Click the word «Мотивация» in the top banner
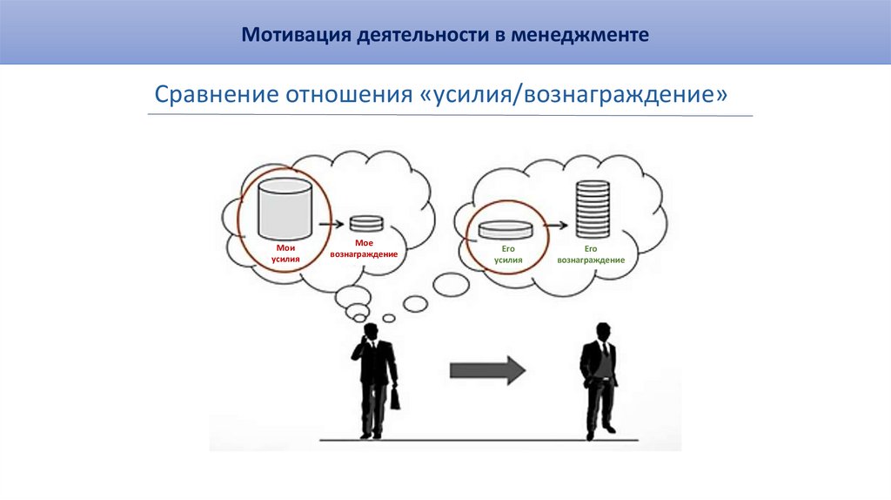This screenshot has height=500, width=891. coord(292,36)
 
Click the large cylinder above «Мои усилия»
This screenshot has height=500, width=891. coord(285,208)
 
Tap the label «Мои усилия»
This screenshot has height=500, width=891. coord(285,253)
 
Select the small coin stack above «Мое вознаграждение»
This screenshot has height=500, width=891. coord(365,223)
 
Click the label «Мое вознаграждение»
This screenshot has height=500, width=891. coord(365,248)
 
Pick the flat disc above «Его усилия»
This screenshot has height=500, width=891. coord(505,230)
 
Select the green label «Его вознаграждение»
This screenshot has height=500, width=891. coord(592,253)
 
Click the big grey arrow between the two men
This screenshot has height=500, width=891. coord(487,370)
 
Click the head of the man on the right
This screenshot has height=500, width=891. coord(601,332)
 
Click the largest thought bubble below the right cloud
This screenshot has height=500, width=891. coord(452,283)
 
